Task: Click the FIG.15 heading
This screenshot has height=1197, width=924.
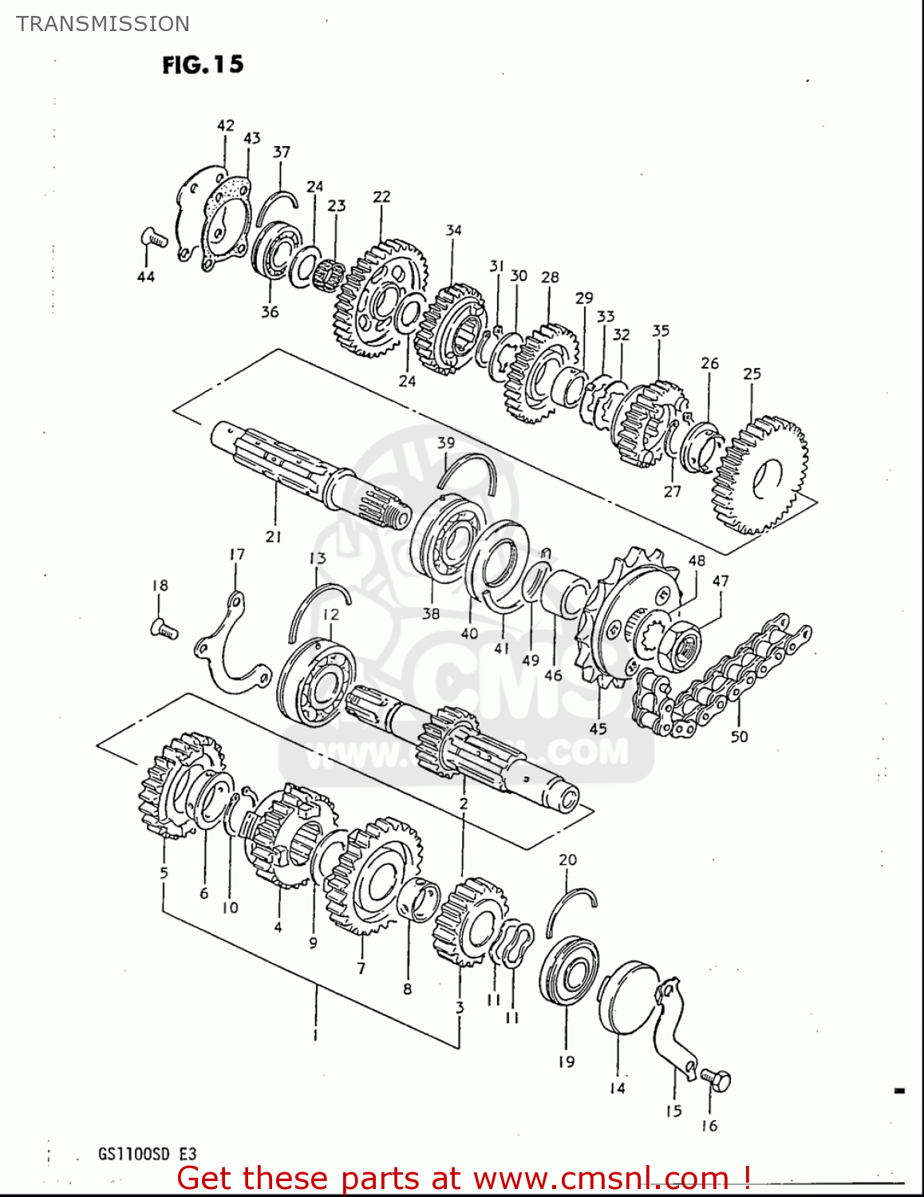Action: tap(203, 65)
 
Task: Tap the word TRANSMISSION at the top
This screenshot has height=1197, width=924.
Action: tap(103, 24)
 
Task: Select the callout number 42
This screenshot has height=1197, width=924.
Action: tap(226, 125)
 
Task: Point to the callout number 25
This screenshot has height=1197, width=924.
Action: tap(752, 373)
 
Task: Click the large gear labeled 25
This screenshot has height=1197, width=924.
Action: tap(759, 475)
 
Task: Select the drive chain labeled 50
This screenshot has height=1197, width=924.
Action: tap(722, 677)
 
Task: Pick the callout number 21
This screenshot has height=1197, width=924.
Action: tap(274, 537)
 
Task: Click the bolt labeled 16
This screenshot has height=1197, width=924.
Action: tap(716, 1080)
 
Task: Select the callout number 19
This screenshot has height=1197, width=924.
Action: tap(566, 1061)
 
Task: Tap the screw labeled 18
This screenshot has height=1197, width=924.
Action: tap(164, 630)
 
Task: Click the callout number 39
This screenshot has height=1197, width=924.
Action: tap(446, 443)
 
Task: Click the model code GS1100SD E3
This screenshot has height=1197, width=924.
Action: tap(147, 1154)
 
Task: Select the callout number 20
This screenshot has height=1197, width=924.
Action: tap(567, 859)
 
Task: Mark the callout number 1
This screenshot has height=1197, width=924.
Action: tap(315, 1035)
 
